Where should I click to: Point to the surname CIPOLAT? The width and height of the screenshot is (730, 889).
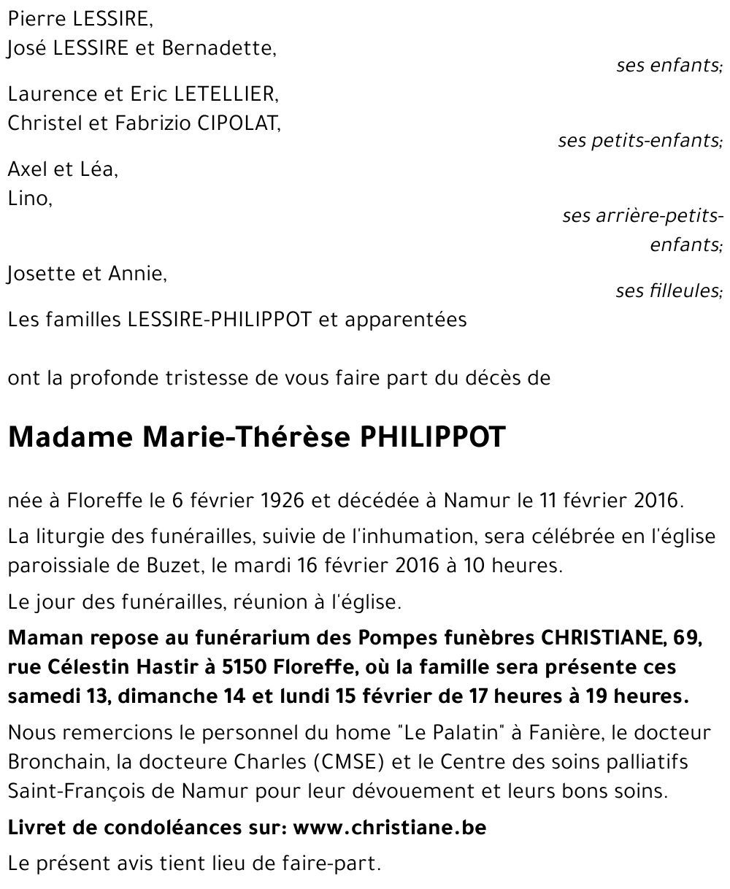pos(239,123)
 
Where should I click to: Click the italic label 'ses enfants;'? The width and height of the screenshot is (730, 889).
pos(669,66)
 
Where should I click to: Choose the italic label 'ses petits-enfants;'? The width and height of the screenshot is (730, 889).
pos(639,140)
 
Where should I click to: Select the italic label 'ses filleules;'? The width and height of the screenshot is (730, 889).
pos(668,291)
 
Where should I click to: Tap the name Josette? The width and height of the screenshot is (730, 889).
pos(37,274)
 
